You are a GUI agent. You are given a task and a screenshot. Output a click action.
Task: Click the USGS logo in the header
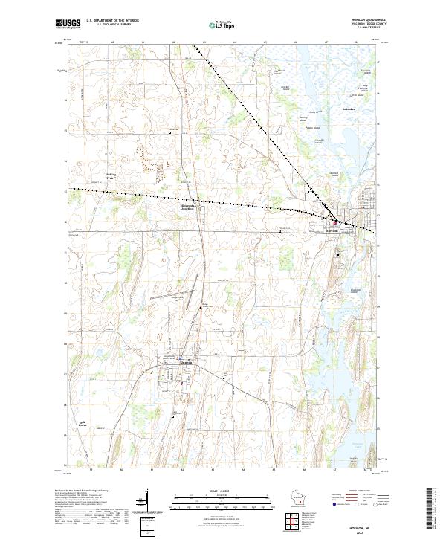(x=68, y=24)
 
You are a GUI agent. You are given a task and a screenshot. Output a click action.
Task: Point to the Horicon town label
(x=332, y=230)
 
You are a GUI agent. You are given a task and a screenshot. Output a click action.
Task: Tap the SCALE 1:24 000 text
(x=215, y=491)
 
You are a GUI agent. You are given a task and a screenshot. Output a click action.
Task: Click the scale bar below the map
(x=215, y=500)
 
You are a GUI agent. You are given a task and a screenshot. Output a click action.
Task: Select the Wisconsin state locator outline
(x=297, y=497)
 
